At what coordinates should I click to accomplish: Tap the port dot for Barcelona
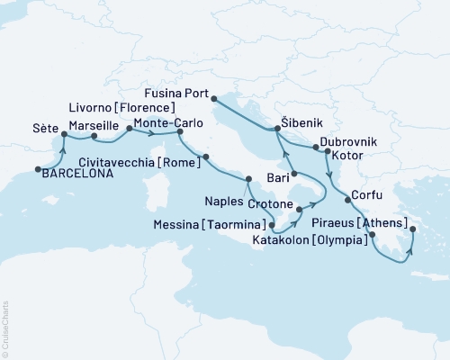pos(38,168)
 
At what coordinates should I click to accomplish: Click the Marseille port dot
pos(94,137)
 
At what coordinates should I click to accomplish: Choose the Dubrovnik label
pos(348,142)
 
